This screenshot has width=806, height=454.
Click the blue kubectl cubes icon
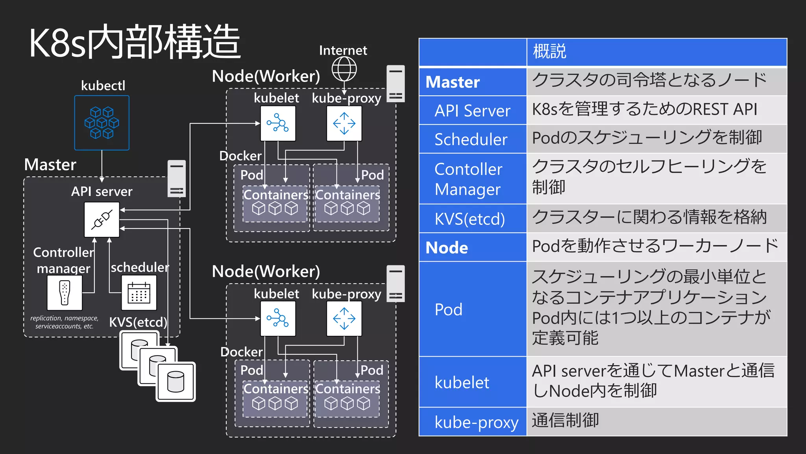click(102, 123)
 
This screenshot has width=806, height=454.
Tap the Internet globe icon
click(344, 69)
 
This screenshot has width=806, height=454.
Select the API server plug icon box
click(102, 220)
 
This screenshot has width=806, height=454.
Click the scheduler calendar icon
click(139, 293)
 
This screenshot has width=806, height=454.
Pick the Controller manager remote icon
click(65, 293)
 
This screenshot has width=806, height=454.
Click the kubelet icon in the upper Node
click(277, 123)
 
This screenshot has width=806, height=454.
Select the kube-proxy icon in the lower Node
click(344, 318)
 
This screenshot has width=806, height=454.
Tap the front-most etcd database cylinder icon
click(176, 381)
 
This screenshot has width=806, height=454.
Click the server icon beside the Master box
click(176, 178)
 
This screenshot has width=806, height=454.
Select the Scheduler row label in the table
click(471, 140)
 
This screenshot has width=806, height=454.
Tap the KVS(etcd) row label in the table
click(470, 219)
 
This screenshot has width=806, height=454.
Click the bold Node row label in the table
click(447, 248)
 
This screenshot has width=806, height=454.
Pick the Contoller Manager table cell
click(468, 179)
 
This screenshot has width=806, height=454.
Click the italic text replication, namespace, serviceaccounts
click(65, 322)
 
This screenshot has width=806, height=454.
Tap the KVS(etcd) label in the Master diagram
click(138, 322)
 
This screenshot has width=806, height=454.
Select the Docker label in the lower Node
click(241, 352)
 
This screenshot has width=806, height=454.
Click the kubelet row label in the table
click(462, 382)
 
